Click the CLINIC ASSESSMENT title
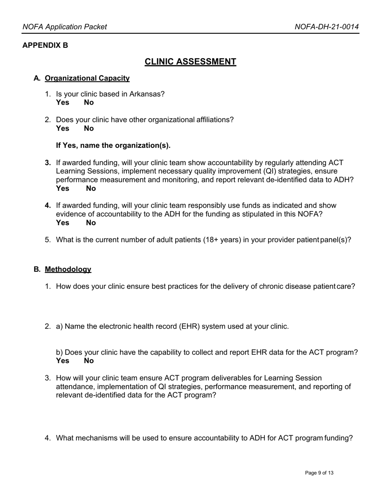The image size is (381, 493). (190, 62)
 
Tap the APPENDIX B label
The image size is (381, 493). (45, 45)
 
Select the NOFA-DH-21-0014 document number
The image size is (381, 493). (326, 27)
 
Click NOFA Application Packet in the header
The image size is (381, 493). (65, 27)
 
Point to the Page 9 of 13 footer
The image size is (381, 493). (319, 473)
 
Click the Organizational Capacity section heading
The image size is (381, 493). (87, 78)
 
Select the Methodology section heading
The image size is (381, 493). (68, 269)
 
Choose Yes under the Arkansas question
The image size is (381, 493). (63, 103)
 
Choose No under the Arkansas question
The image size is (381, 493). (89, 103)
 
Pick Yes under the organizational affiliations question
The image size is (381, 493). (63, 129)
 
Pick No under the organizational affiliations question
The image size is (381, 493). (89, 129)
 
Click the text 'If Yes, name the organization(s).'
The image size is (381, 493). (113, 145)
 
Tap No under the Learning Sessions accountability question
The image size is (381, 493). (91, 188)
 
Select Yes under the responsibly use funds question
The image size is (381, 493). (63, 223)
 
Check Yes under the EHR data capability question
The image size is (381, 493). (63, 361)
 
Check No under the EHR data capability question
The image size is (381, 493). (89, 361)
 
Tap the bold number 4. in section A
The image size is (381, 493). (48, 206)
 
